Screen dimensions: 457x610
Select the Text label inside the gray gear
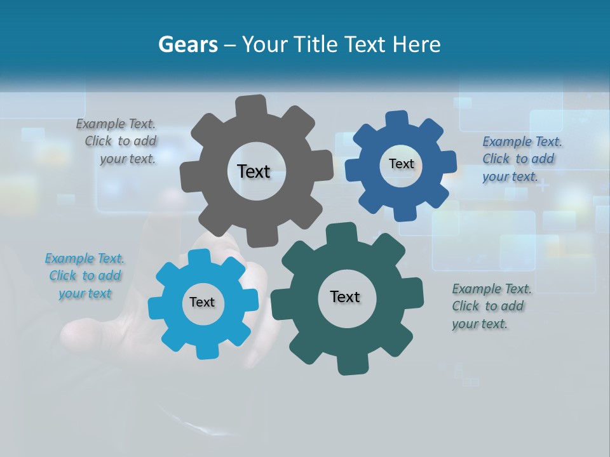point(254,171)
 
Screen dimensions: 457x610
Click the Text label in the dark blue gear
point(401,164)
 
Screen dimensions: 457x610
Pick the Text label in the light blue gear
point(202,302)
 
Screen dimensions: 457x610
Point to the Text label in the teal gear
point(345,296)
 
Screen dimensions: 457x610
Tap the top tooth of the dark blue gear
point(396,119)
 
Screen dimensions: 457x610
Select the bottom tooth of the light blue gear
point(205,350)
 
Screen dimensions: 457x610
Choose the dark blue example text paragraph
point(521,159)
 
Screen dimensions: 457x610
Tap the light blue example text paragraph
point(85,276)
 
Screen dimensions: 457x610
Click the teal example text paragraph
point(491,307)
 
